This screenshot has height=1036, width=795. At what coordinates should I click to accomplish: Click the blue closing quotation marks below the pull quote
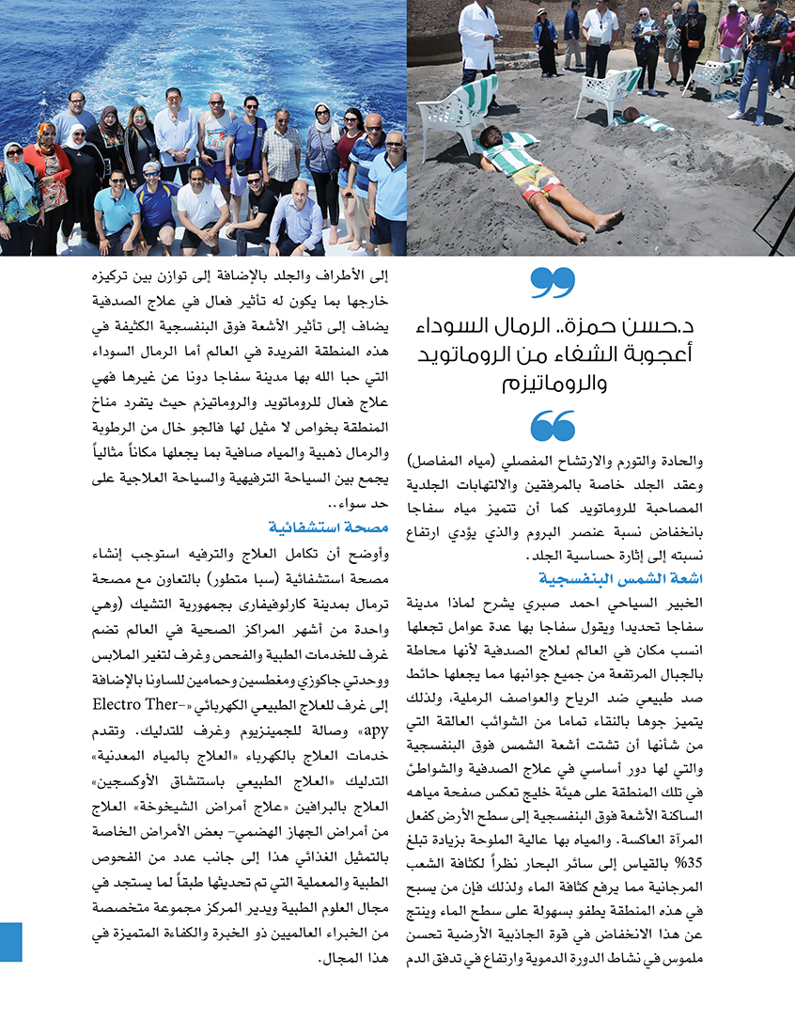pyautogui.click(x=553, y=426)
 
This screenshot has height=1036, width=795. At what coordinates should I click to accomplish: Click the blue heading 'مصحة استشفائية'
pyautogui.click(x=315, y=526)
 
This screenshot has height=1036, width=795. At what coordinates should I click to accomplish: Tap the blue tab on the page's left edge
pyautogui.click(x=10, y=941)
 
